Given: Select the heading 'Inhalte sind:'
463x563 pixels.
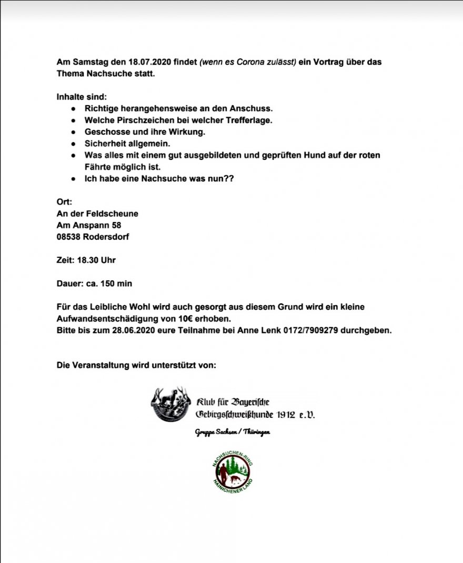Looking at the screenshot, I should (82, 97).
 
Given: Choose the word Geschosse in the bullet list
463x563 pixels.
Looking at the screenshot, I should (102, 132).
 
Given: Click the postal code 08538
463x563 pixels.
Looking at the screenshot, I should (69, 237).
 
